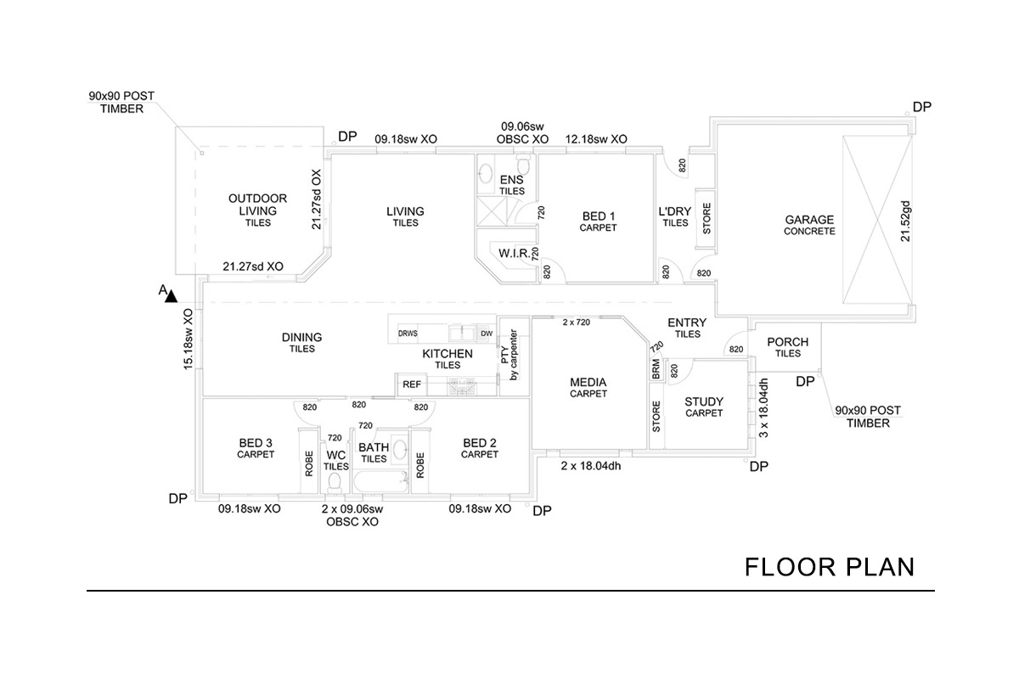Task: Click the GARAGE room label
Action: [809, 219]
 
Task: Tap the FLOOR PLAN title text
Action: [830, 566]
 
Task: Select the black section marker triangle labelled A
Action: [171, 296]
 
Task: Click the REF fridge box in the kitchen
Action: [412, 384]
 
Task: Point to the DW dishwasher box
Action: [486, 334]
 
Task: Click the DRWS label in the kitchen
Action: [408, 334]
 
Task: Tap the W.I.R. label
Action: [515, 254]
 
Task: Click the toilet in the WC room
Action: [335, 482]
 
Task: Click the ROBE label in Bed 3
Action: [309, 461]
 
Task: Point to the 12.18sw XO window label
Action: [596, 138]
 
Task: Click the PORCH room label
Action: [787, 343]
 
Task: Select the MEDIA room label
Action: [588, 383]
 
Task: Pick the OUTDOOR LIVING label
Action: [258, 205]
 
